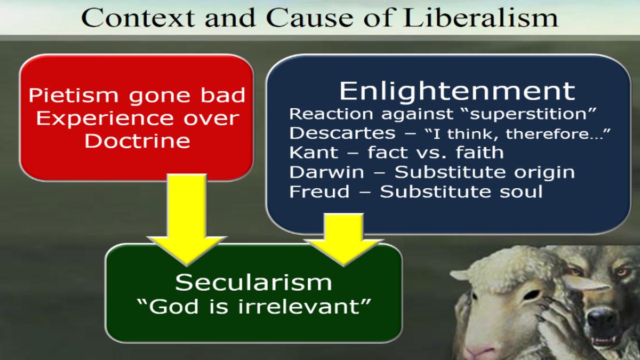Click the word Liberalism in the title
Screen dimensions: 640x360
481,17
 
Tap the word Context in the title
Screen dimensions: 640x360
138,18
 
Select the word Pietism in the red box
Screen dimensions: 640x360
74,95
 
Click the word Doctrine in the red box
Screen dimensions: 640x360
138,141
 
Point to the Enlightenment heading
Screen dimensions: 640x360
457,91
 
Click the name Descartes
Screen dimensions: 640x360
342,133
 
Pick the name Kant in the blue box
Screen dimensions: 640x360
314,153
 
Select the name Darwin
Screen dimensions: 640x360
326,172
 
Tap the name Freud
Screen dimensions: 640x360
319,191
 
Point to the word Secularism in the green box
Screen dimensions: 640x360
253,282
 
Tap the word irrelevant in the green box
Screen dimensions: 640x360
299,307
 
